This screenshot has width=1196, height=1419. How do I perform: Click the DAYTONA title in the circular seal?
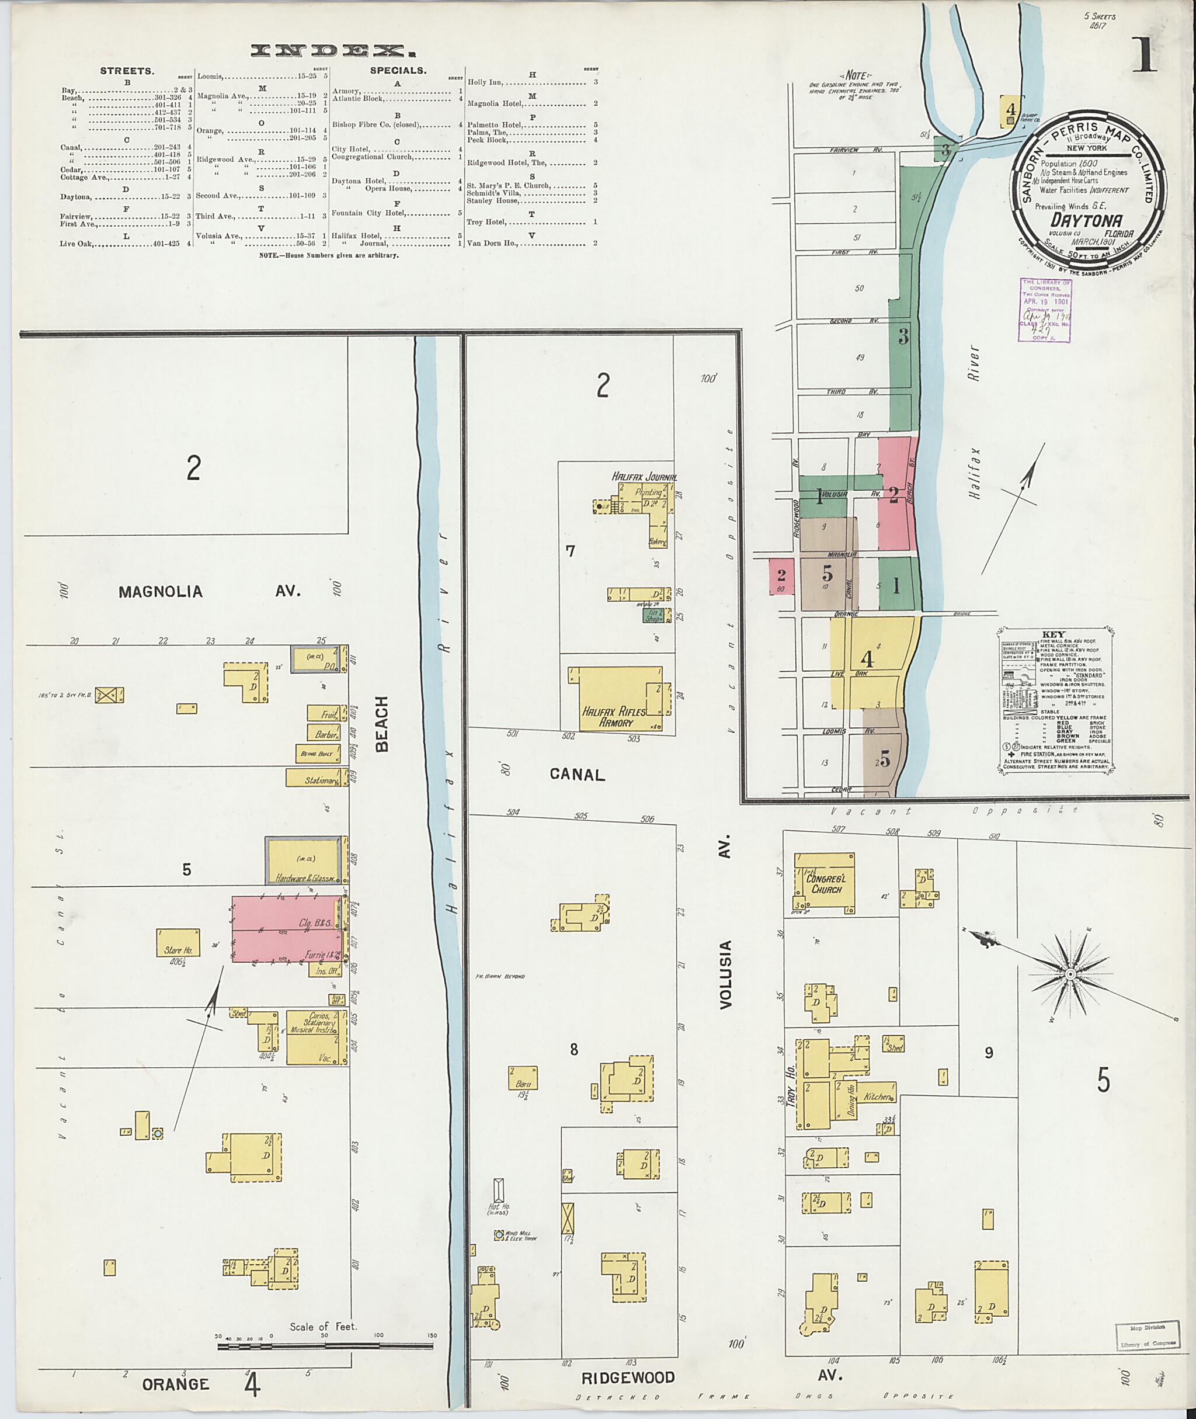click(x=1086, y=220)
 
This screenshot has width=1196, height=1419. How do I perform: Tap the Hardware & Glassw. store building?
click(x=303, y=861)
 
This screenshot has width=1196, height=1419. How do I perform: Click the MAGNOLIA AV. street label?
click(x=161, y=591)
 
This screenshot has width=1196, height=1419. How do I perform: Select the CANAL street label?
click(x=576, y=774)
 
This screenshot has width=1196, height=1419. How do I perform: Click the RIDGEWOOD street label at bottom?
click(x=628, y=1377)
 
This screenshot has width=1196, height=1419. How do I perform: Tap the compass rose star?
click(x=1070, y=974)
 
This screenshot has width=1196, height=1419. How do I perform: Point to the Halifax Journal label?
click(x=644, y=477)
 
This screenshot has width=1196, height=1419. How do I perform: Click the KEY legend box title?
click(x=1056, y=634)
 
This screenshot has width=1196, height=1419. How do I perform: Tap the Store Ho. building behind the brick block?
click(x=178, y=943)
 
